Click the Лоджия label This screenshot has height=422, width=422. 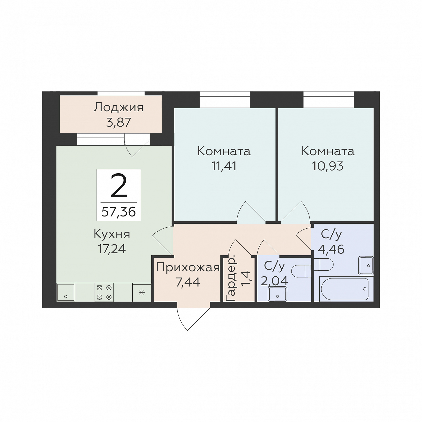tap(119, 108)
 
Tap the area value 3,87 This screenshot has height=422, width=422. tap(119, 122)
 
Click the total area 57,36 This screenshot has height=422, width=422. tap(119, 212)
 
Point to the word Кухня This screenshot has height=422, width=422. tap(112, 234)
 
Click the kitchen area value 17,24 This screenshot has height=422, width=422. tap(112, 249)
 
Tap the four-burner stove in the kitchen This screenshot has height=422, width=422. tap(104, 292)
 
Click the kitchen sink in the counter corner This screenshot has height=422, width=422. tap(66, 292)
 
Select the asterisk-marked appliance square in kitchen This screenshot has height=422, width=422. tap(142, 293)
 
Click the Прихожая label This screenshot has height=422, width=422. tap(188, 268)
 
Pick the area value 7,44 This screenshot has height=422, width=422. tap(188, 282)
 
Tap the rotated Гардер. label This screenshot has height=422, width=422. tap(231, 279)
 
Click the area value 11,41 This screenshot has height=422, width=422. tap(224, 166)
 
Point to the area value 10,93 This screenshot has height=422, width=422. tap(328, 166)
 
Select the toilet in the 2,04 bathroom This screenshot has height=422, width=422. tap(301, 271)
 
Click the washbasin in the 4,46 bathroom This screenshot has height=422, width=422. tap(366, 265)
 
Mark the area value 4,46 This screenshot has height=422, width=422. tap(331, 249)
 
